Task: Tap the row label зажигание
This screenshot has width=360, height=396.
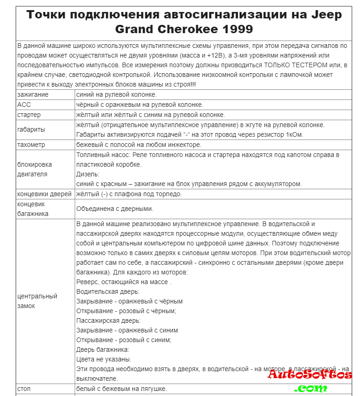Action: [33, 94]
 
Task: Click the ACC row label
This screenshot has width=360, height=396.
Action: [24, 105]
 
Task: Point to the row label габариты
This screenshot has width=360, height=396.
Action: [31, 129]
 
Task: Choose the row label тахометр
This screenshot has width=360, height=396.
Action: [32, 145]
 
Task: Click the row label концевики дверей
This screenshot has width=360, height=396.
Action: [44, 194]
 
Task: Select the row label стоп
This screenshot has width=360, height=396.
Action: [24, 389]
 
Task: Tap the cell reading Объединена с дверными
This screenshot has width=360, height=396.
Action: [114, 209]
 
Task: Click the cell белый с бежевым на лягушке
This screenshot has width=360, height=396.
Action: [121, 389]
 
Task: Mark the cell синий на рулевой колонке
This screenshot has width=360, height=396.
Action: [116, 94]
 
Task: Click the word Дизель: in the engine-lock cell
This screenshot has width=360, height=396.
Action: [88, 174]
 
